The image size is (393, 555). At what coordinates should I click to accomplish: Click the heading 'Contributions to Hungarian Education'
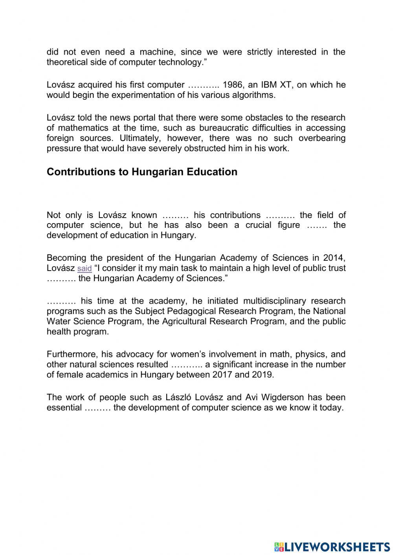pos(142,172)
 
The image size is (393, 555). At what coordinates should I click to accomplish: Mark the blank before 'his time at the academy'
pos(61,301)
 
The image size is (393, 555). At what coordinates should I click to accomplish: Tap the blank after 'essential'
pos(98,408)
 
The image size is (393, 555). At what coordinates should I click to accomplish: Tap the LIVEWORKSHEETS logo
pos(332,546)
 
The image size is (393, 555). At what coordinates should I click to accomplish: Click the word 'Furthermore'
pos(68,354)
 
